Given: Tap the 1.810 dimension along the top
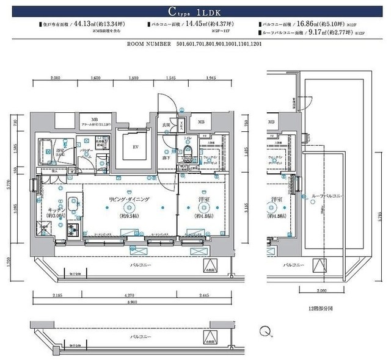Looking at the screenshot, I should (134, 78).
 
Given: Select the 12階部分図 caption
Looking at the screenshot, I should (321, 310).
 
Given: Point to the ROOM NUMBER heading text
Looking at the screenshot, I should (150, 45).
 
